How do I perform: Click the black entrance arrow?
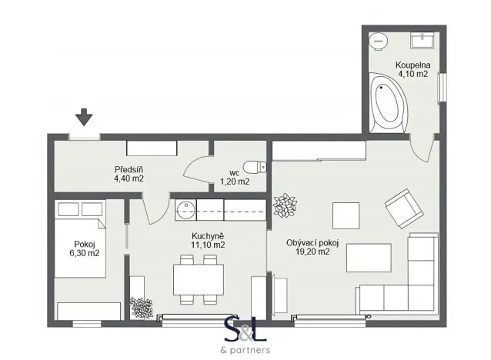84,117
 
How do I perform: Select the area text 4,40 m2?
129,178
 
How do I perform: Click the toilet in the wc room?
253,166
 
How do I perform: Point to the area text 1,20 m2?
235,182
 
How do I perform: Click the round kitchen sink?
185,208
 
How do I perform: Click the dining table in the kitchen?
198,278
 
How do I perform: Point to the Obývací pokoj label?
308,242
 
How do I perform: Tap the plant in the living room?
285,205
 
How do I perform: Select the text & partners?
245,350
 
